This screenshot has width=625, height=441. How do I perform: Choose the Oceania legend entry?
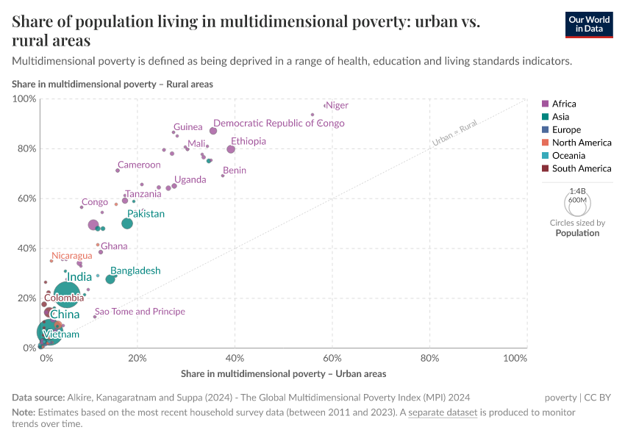pos(568,156)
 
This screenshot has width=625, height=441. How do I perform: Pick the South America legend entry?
pos(581,168)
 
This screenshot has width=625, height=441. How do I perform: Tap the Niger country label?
pos(337,105)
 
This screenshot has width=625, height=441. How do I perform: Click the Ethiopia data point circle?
pos(231,149)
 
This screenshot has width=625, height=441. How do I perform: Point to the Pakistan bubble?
pos(127,223)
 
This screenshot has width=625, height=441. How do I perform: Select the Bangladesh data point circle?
pos(110,279)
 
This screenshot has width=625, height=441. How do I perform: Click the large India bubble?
pos(67,295)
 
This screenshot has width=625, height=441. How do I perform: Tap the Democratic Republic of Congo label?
pos(279,123)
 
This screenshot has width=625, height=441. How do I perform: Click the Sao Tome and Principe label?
pos(140,312)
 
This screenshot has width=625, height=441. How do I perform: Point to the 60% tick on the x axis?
pos(332,358)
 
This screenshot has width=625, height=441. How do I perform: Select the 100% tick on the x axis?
pos(515,358)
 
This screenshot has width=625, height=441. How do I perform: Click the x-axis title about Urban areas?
pos(283,373)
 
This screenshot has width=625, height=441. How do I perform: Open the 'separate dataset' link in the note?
pos(443,412)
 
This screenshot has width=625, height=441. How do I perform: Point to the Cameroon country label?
pos(139,165)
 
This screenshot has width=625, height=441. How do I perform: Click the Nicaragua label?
pos(72,256)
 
